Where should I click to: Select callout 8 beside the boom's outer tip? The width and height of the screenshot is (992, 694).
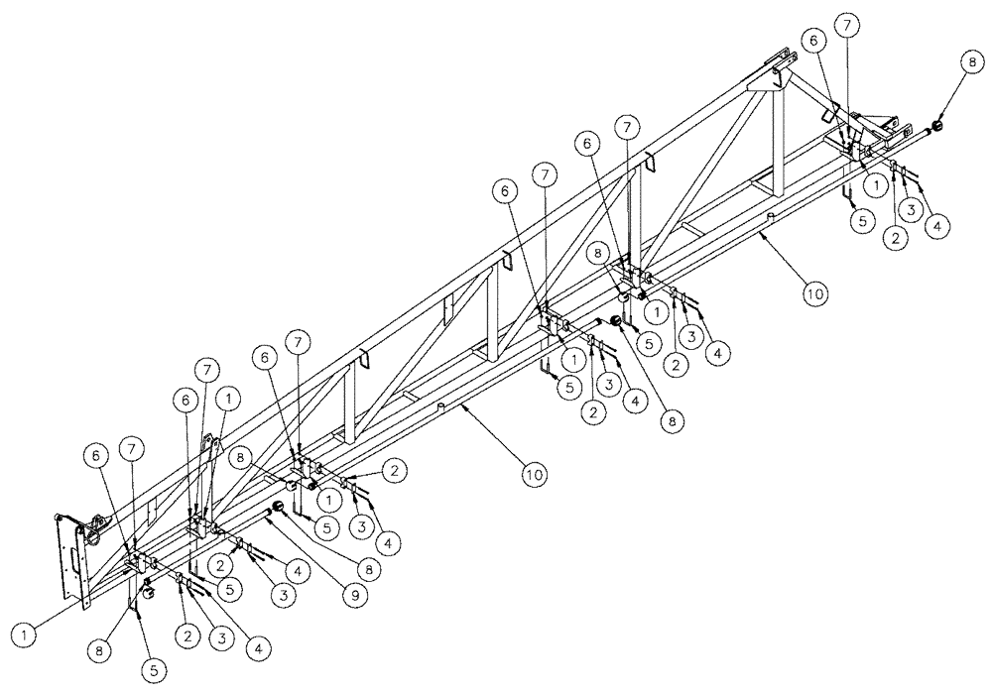968,60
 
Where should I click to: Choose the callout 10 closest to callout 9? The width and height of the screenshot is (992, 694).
535,475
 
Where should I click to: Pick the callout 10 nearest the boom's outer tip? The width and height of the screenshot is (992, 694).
813,294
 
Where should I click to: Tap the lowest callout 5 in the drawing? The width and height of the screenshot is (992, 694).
154,671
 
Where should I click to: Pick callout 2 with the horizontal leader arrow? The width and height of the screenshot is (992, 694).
394,468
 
